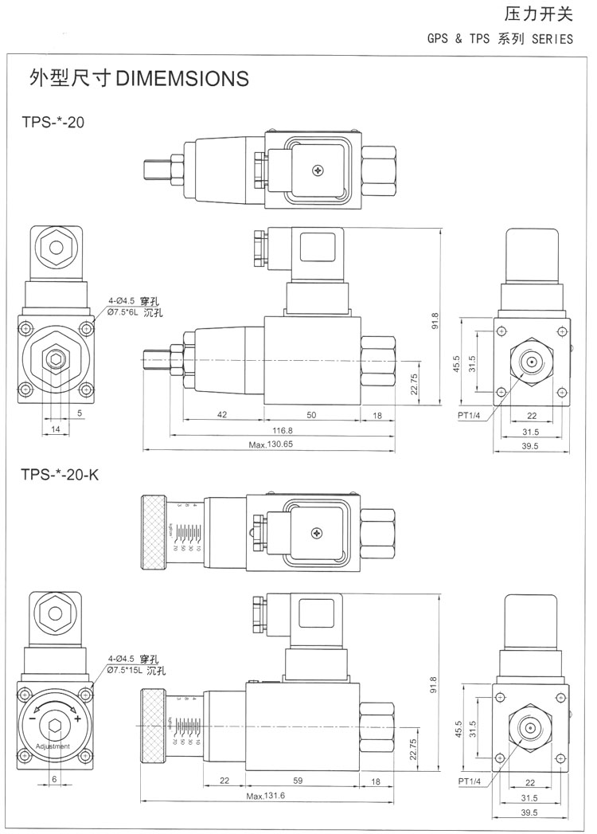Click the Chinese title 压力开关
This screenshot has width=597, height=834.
pos(538,14)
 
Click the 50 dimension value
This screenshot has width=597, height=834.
pos(311,415)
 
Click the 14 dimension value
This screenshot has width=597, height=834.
pos(55,429)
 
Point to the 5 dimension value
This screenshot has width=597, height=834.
pos(81,413)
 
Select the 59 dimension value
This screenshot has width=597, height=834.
pos(298,780)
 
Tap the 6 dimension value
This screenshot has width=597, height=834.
pos(54,778)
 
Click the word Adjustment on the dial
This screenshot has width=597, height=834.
pos(53,746)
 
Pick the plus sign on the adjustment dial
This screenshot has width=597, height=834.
pos(78,718)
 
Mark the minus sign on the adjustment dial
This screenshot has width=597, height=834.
pos(32,718)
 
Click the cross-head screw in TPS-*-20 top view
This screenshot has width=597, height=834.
pos(320,170)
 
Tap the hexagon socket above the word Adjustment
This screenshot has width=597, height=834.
pos(54,726)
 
